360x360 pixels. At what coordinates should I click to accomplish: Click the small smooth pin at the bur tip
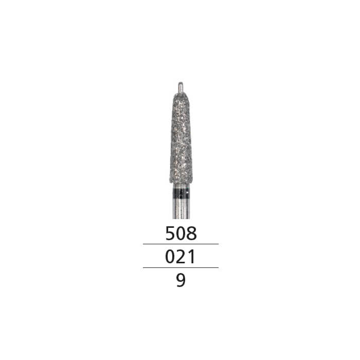coord(180,86)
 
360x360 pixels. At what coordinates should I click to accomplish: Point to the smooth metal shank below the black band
coord(180,208)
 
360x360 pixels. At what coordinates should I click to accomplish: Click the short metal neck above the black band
coord(180,186)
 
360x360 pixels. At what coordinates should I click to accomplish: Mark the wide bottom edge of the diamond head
coord(180,179)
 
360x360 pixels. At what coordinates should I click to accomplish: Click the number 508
coord(181,233)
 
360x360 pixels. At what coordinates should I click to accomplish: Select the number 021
coord(181,257)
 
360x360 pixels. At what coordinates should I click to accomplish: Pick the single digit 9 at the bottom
coord(181,281)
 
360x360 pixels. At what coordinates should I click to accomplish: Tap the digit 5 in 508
coord(170,233)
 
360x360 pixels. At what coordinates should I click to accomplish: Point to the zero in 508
coord(181,233)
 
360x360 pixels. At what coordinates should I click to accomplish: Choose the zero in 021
coord(170,257)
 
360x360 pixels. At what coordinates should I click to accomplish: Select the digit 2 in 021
coord(181,257)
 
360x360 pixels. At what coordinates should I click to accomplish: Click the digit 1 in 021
coord(191,257)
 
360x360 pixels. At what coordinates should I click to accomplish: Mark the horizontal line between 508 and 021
coord(181,244)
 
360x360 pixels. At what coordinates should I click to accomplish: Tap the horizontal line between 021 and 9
coord(181,267)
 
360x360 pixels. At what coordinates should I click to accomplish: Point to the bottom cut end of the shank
coord(180,218)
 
